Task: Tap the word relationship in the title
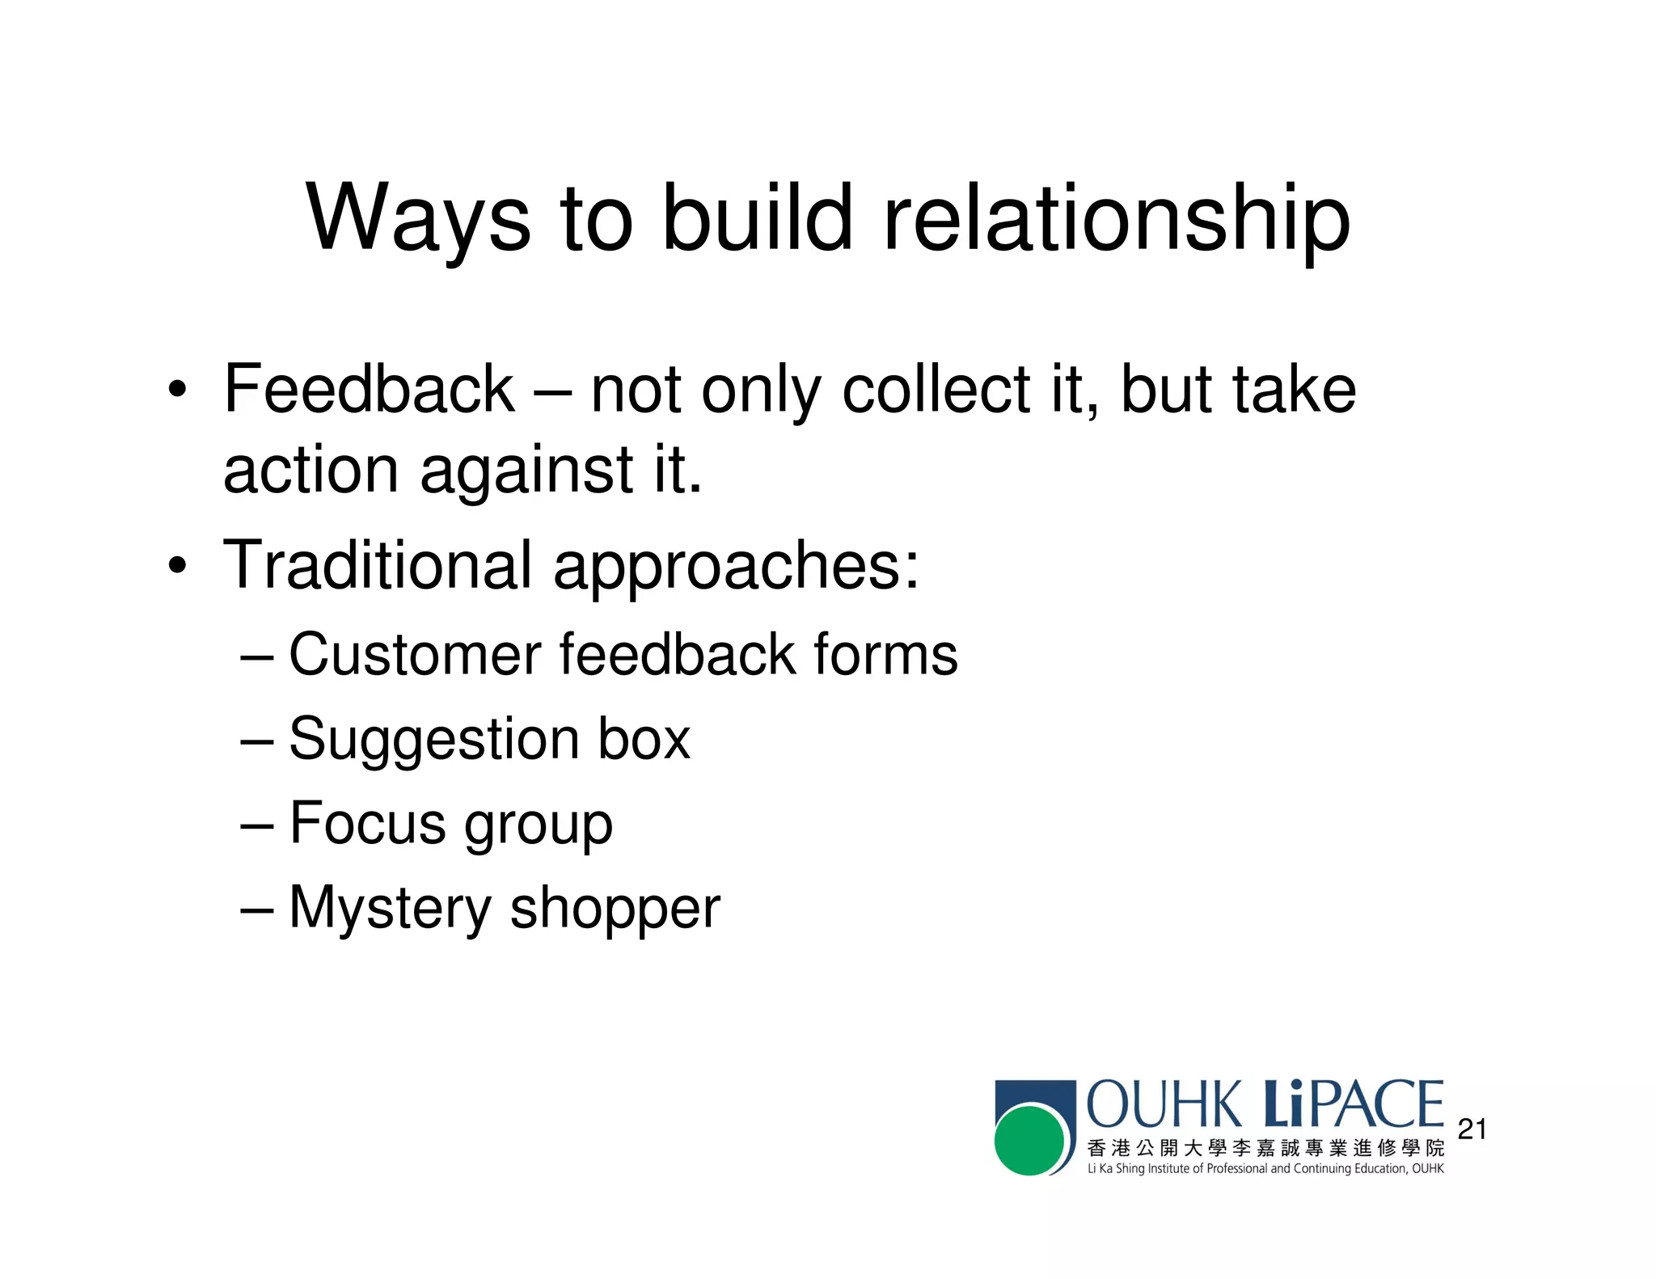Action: tap(1117, 217)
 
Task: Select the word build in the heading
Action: tap(758, 217)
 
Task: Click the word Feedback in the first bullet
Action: tap(369, 389)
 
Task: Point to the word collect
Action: tap(936, 389)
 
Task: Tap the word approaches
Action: tap(736, 566)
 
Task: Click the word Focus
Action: tap(367, 823)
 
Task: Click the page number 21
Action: tap(1472, 1129)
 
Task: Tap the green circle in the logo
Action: tap(1029, 1141)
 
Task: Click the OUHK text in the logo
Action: tap(1164, 1104)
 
